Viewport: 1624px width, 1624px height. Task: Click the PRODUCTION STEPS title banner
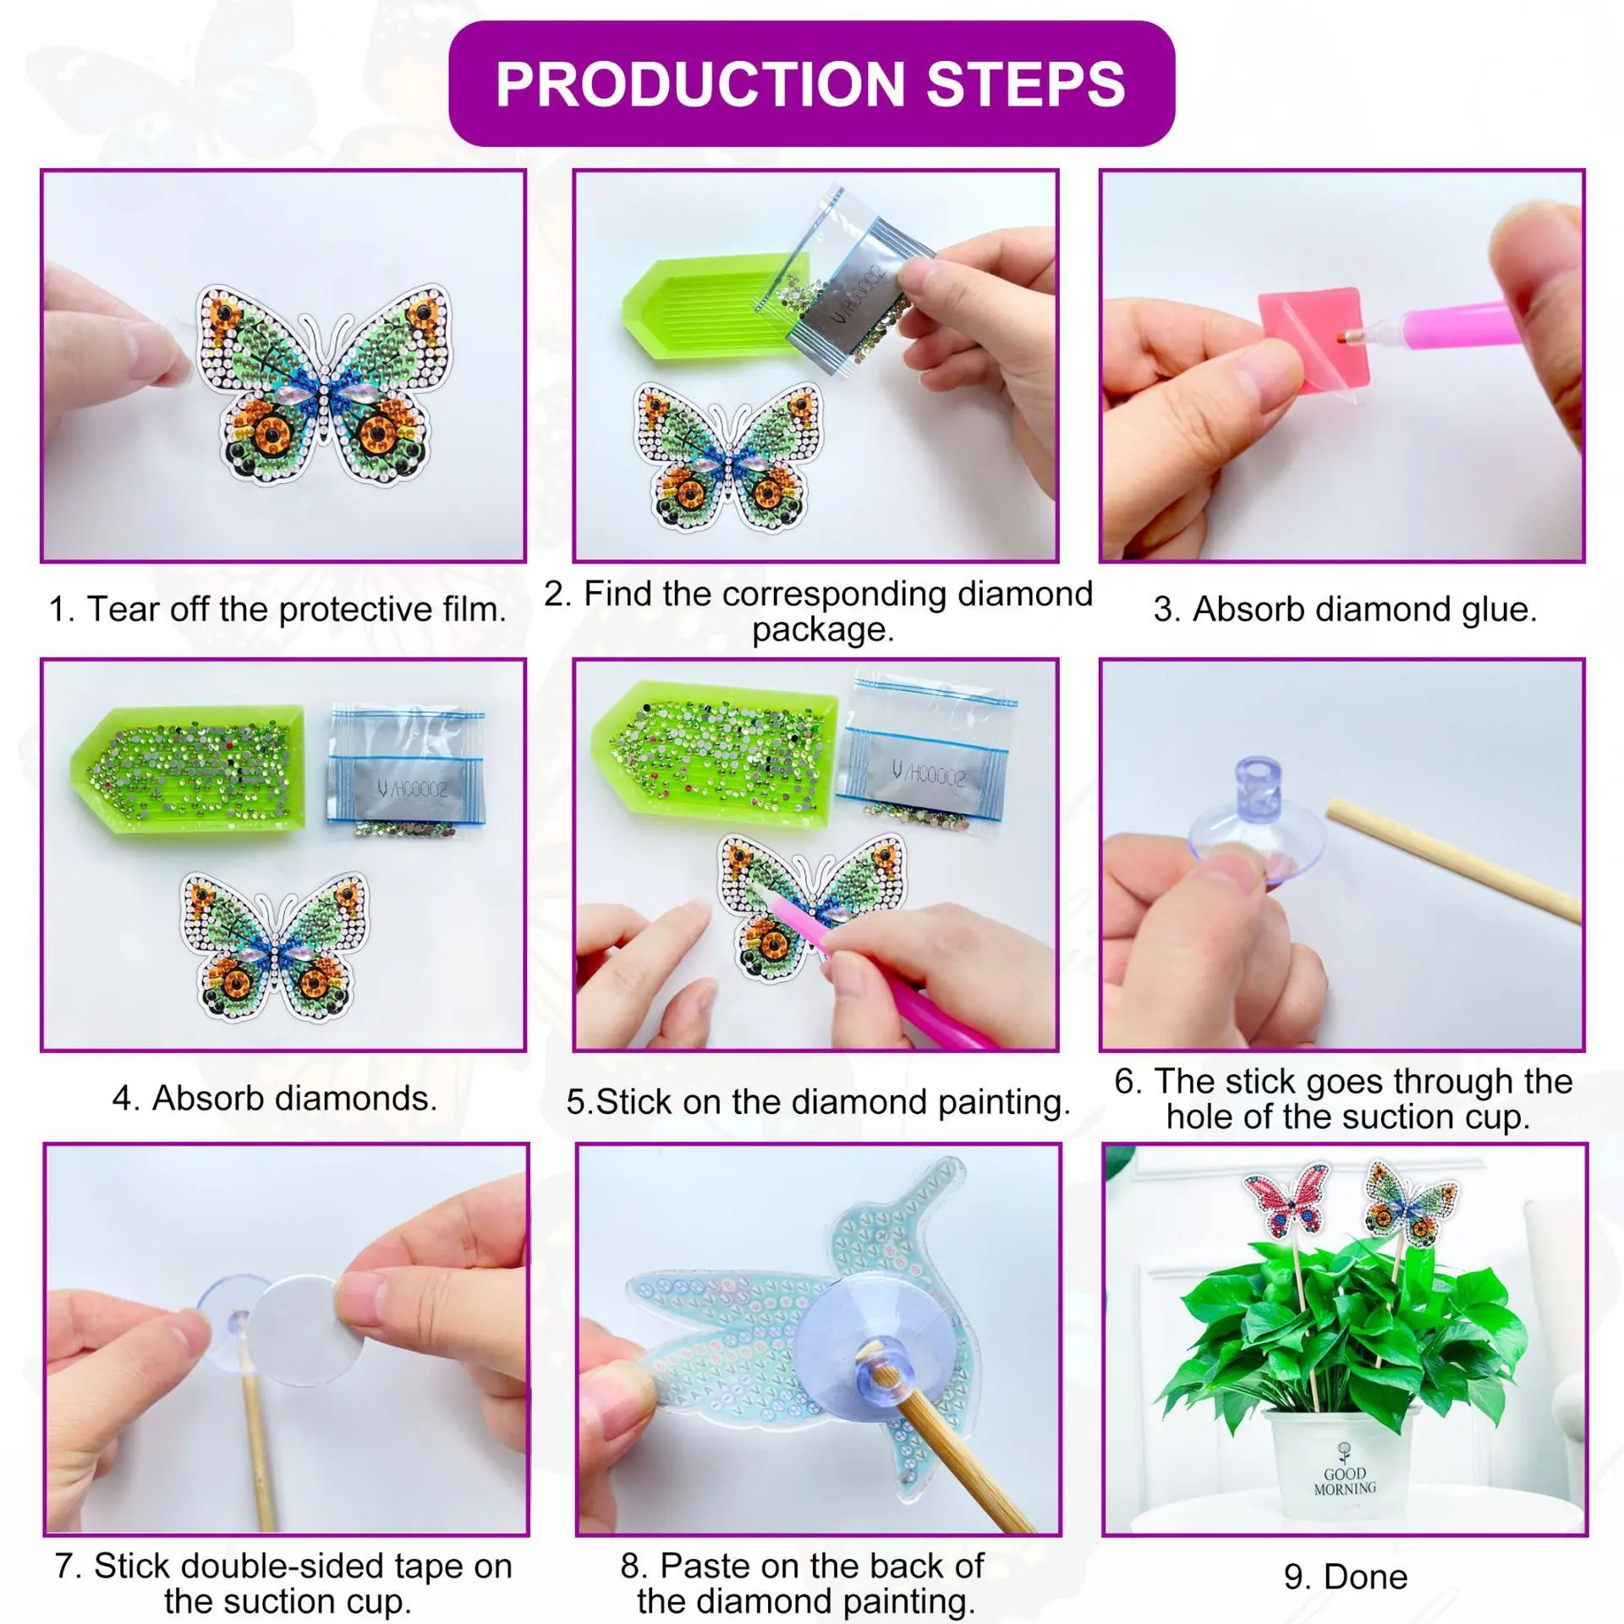(x=811, y=84)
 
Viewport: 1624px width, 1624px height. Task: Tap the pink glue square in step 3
(x=1303, y=332)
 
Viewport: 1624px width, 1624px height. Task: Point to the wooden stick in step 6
(x=1453, y=860)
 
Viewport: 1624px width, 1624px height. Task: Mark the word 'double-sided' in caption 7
(x=303, y=1543)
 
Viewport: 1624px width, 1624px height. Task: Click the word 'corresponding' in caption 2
(x=838, y=594)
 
